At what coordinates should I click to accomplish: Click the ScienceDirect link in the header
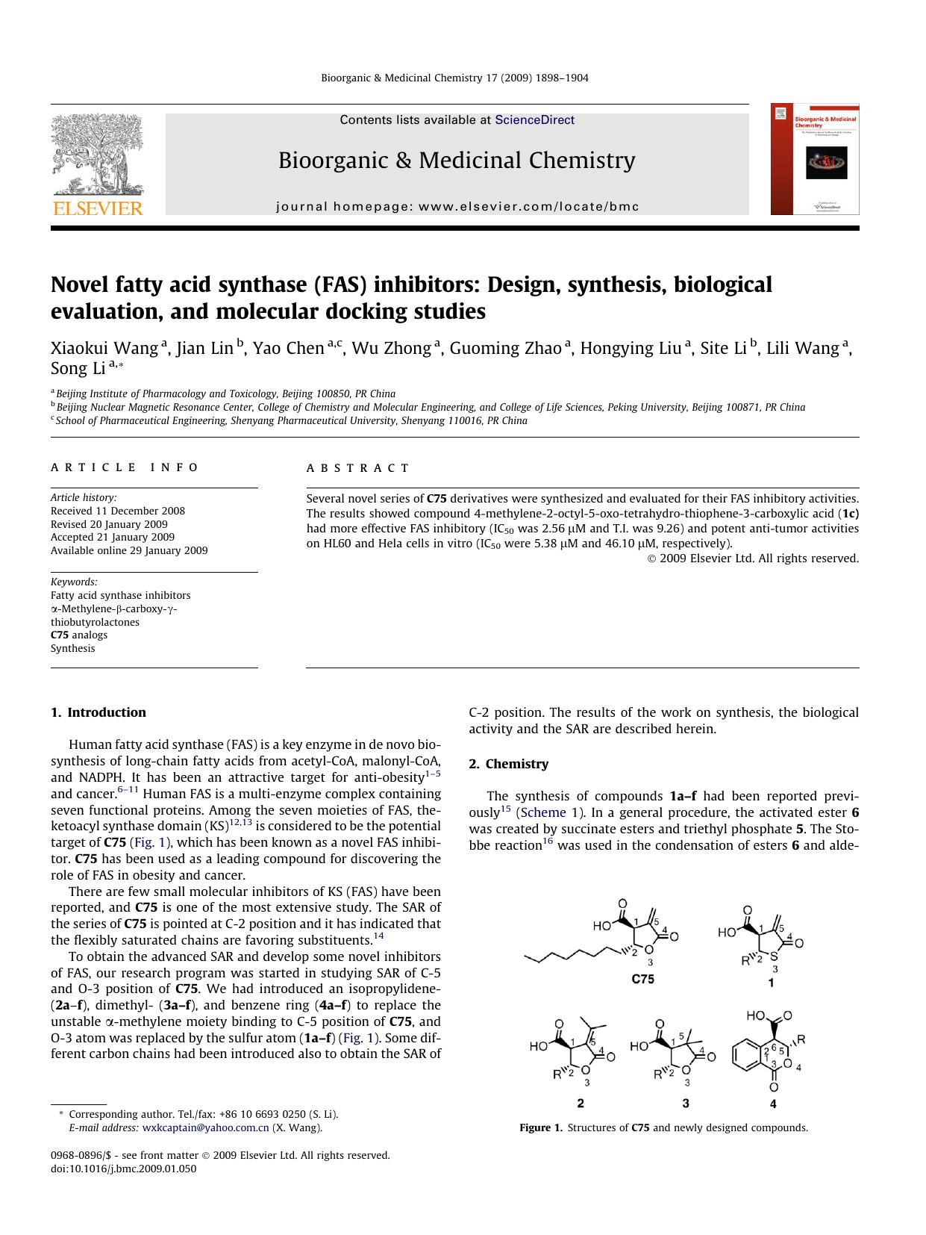point(534,119)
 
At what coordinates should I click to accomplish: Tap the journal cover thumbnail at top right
point(815,159)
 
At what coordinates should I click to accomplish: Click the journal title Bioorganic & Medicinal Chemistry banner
point(457,161)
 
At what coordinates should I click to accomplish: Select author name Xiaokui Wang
point(104,348)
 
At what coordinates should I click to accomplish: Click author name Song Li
point(78,368)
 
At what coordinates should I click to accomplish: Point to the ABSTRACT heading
point(358,468)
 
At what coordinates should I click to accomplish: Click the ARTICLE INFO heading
point(125,467)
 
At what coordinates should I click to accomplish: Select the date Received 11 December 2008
point(118,511)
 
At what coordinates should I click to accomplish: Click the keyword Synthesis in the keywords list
point(73,648)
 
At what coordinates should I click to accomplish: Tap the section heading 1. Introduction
point(98,712)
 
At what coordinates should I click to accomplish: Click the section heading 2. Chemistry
point(508,764)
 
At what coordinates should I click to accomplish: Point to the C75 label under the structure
point(642,979)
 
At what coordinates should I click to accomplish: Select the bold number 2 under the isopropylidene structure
point(581,1103)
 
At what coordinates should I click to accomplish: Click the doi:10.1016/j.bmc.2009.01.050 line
point(123,1169)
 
